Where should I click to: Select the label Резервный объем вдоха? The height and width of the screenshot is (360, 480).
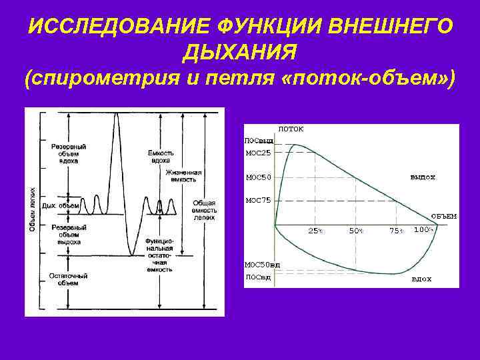pos(68,153)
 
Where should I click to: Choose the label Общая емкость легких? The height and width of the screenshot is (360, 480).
pos(204,209)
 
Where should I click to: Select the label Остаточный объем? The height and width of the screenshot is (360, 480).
pos(64,279)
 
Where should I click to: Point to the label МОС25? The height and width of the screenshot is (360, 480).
pos(258,153)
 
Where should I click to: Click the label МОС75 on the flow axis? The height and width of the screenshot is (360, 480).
pos(258,199)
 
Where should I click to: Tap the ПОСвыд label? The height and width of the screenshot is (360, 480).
pos(259,141)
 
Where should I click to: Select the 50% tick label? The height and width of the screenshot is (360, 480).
pos(357,231)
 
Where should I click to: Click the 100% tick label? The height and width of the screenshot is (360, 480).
pos(424,230)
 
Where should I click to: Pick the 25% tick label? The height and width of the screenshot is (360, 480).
pos(315,231)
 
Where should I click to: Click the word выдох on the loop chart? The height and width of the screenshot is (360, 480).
pos(423,177)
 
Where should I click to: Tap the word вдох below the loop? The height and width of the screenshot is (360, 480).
pos(421,279)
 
